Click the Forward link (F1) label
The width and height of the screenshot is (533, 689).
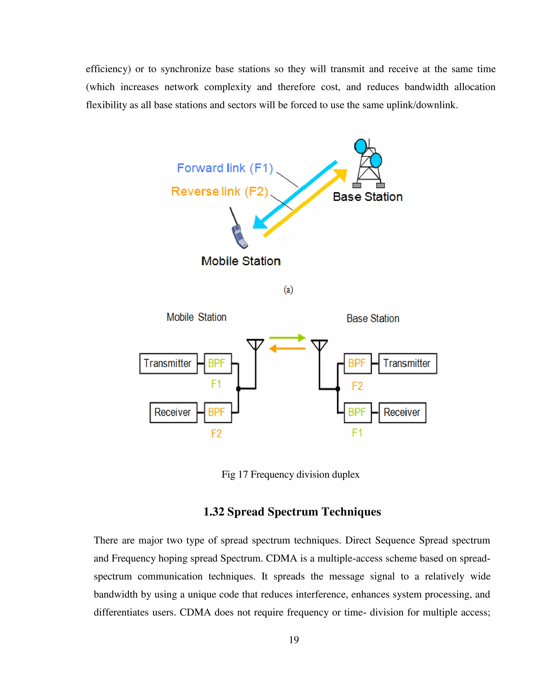[x=225, y=168]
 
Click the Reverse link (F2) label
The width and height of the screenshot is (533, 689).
[x=219, y=192]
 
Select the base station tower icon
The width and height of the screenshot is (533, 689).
[x=369, y=164]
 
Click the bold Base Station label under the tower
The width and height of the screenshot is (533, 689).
[x=367, y=197]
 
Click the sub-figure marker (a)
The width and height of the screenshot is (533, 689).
[x=288, y=290]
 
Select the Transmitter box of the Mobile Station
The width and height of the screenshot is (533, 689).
[x=168, y=363]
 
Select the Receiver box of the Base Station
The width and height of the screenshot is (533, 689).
[x=402, y=412]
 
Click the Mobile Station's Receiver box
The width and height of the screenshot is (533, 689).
[x=173, y=412]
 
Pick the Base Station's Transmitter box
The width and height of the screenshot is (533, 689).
[x=407, y=363]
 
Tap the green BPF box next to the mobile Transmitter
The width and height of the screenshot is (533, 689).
[x=218, y=363]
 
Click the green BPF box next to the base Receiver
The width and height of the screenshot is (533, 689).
[x=357, y=412]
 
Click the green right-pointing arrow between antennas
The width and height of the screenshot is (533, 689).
[x=287, y=338]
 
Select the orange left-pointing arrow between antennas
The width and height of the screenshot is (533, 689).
[x=287, y=349]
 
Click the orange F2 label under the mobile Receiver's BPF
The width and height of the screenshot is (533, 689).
[x=216, y=433]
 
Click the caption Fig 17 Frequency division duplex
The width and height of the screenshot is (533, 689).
[x=290, y=474]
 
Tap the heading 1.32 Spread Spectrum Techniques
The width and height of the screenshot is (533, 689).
[x=292, y=512]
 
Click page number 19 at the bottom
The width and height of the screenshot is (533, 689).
[x=294, y=640]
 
